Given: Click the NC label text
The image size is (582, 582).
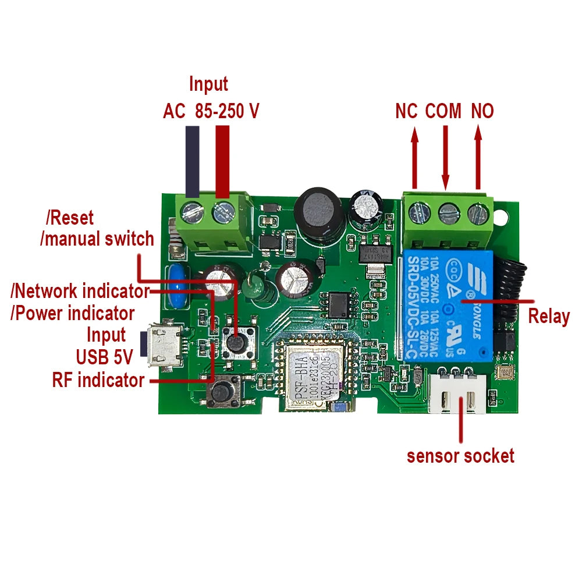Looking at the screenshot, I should [406, 111].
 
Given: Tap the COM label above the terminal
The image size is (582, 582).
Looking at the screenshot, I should [443, 111].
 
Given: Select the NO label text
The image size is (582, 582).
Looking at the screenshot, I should [482, 111].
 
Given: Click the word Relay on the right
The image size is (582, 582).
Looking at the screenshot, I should [548, 317].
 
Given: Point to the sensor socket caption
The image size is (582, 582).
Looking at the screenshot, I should [460, 455].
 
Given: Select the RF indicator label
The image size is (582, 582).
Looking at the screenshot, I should [98, 380].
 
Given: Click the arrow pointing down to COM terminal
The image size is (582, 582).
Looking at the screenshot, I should [446, 157].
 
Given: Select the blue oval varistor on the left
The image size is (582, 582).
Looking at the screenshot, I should [177, 285].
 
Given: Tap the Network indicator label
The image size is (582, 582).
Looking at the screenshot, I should [80, 290].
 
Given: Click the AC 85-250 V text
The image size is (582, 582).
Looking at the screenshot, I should [210, 111].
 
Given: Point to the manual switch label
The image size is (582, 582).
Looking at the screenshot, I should [97, 239].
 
